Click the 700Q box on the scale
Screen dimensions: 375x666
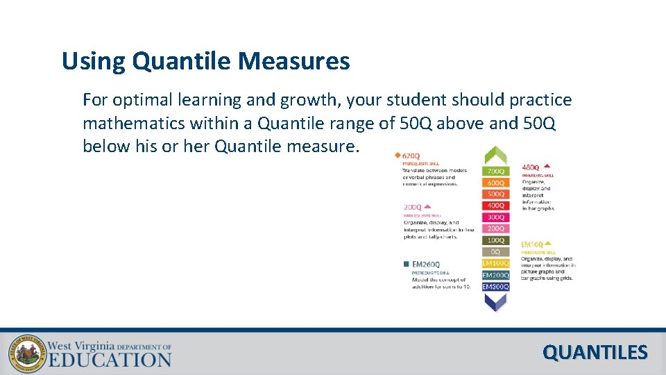click(495, 171)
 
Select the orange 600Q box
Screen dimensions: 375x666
click(495, 183)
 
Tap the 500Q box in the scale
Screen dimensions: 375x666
click(495, 194)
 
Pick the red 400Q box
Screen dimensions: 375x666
click(495, 206)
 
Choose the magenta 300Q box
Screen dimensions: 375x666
click(495, 217)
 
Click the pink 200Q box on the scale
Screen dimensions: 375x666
click(495, 228)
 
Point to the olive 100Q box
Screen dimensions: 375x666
click(495, 240)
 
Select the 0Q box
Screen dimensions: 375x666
click(495, 251)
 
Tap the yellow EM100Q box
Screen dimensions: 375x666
click(495, 263)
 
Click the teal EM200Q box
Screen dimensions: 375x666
click(495, 275)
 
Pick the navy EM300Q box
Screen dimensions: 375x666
click(495, 286)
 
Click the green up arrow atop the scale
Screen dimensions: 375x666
click(495, 155)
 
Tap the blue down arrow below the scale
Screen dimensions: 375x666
click(495, 301)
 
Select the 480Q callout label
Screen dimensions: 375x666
click(531, 167)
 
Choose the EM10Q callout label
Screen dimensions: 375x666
click(532, 244)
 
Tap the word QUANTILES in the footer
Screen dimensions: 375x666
click(595, 353)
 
